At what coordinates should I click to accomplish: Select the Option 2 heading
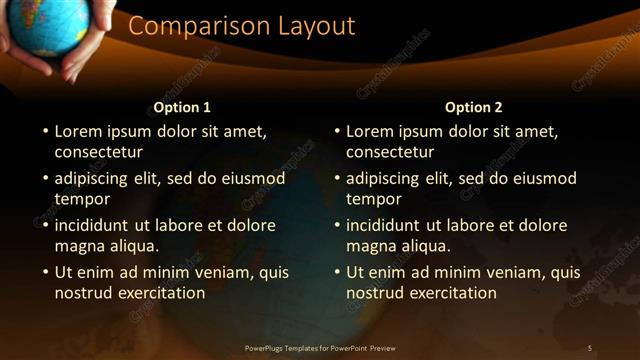coord(474,107)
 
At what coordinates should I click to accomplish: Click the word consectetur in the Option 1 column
coord(99,152)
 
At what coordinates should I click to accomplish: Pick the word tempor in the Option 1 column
coord(80,199)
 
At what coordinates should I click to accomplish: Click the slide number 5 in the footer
coord(589,348)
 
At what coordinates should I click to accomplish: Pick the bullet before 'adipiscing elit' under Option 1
coord(44,179)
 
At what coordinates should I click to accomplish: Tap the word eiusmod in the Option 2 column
coord(544,178)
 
